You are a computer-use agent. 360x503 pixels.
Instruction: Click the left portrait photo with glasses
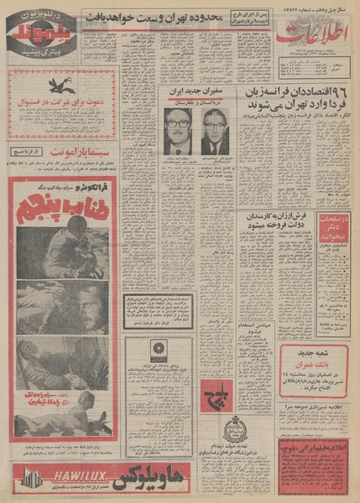tap(176, 131)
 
